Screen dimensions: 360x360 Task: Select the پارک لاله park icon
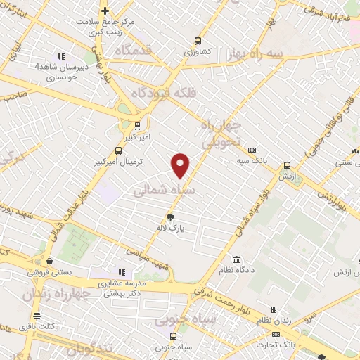[169, 217]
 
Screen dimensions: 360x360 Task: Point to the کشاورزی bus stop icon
[198, 41]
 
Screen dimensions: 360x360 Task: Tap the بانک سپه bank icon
[252, 150]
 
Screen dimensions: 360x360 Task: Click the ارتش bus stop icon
[287, 166]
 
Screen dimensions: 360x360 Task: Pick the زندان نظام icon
[274, 309]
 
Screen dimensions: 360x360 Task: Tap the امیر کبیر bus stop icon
[137, 126]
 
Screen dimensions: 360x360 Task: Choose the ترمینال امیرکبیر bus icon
[119, 150]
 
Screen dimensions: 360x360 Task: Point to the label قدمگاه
[133, 50]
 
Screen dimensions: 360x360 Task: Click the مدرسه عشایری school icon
[122, 272]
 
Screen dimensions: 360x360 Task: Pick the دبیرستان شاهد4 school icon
[61, 56]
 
